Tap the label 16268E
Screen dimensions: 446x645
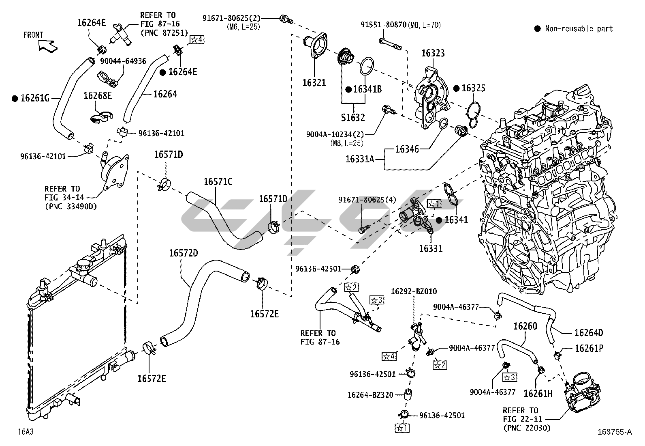click(98, 96)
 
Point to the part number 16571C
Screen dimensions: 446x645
click(218, 181)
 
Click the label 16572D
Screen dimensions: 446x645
click(184, 253)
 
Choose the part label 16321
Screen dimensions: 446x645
click(314, 83)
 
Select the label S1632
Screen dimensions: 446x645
click(353, 118)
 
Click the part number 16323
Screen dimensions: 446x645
click(433, 53)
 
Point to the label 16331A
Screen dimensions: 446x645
click(360, 159)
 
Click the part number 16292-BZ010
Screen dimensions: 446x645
click(414, 292)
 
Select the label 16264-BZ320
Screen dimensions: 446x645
click(370, 395)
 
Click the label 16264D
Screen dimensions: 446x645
click(589, 333)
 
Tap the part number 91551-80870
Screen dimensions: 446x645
click(383, 25)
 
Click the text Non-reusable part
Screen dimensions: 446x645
click(579, 29)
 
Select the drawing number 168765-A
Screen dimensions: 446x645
click(614, 432)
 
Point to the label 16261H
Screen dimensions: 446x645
click(538, 393)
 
